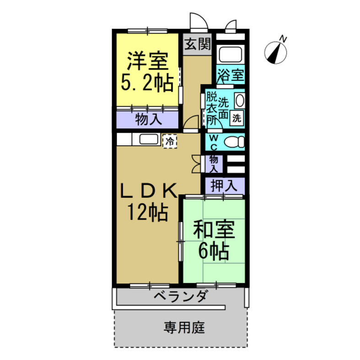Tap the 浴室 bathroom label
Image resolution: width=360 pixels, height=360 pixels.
pos(230,75)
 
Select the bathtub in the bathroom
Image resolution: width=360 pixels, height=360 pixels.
pos(231,54)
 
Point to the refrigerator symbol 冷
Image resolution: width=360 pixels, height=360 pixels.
pos(170,141)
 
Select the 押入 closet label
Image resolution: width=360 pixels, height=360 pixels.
pos(224,186)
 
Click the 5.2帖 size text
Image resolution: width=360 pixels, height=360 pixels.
pos(146,83)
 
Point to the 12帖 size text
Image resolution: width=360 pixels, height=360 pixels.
pos(146,212)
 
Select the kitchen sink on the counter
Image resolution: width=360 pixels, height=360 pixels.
pos(148,140)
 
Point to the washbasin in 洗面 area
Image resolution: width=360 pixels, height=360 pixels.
pos(240,100)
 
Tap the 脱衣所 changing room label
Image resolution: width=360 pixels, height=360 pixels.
pos(211,109)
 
